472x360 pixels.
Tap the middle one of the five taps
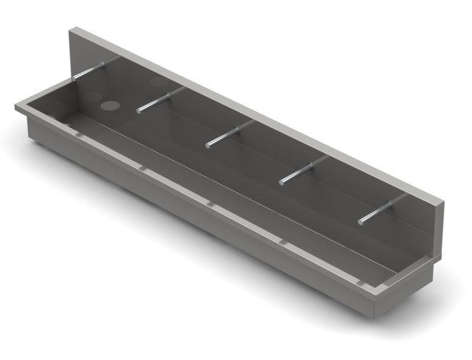pyautogui.click(x=230, y=133)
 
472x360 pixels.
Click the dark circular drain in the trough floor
pyautogui.click(x=111, y=105)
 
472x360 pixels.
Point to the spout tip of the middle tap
pyautogui.click(x=209, y=144)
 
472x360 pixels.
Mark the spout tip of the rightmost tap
pyautogui.click(x=361, y=220)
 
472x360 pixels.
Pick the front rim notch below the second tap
pyautogui.click(x=142, y=167)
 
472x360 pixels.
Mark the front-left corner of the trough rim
pyautogui.click(x=17, y=107)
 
